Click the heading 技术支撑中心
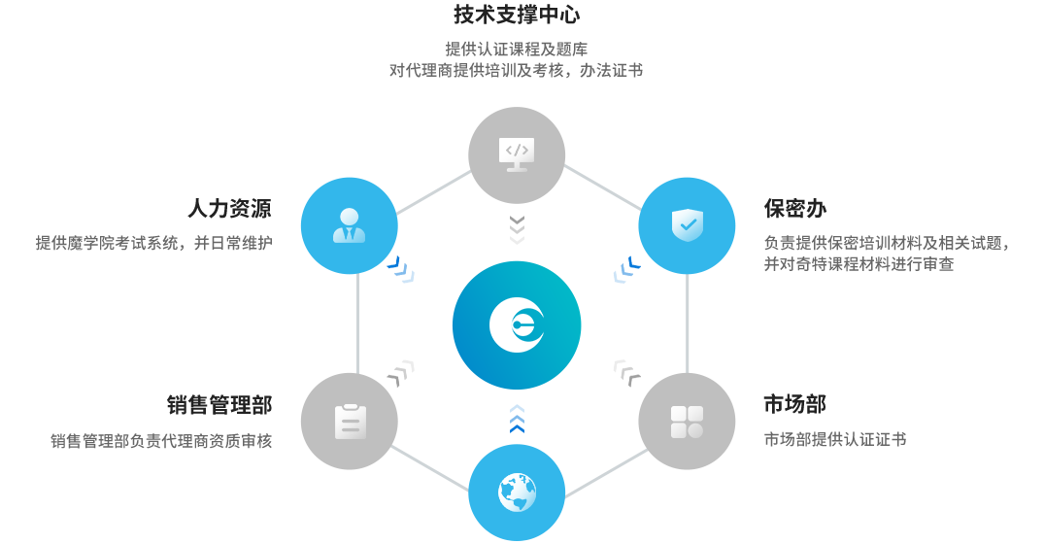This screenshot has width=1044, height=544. tap(517, 15)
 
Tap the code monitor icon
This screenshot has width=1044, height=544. tap(517, 153)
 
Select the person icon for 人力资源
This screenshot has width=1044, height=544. tap(349, 225)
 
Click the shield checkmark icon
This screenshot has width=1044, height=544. tap(687, 225)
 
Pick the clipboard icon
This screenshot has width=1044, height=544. tap(350, 422)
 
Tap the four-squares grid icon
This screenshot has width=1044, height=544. tap(687, 422)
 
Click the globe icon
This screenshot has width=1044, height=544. tap(517, 492)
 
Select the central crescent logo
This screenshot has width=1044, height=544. tap(517, 324)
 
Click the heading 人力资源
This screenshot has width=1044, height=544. tap(229, 209)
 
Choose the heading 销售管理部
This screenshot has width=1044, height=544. tap(219, 404)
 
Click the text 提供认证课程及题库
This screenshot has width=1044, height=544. tap(517, 50)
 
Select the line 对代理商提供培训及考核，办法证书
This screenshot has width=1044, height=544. tap(517, 70)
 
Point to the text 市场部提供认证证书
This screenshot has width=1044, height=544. tap(835, 439)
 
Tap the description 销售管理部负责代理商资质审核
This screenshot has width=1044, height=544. tap(161, 441)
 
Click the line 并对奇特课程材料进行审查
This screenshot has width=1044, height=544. tap(859, 263)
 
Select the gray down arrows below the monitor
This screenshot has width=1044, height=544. tap(517, 230)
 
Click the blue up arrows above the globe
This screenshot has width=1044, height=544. tap(517, 419)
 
